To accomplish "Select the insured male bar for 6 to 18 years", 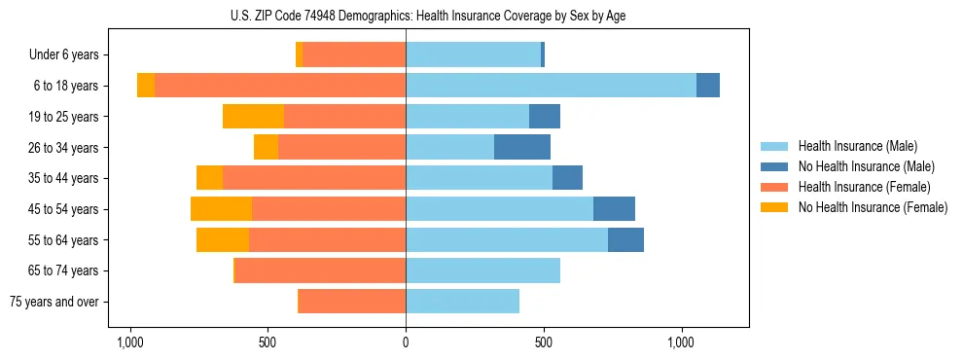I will tap(551, 86).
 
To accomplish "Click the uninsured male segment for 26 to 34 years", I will tap(522, 147).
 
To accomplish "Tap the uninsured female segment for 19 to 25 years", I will tap(253, 117).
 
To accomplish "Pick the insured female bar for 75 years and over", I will tap(352, 302).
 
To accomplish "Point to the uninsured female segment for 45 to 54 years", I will tap(221, 209).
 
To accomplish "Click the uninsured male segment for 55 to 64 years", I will tap(625, 239).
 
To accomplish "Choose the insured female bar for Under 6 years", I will tap(354, 55).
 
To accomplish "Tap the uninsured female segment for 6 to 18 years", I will tap(146, 86).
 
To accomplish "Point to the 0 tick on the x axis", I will tap(406, 342).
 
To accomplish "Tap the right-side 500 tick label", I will tap(544, 342).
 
